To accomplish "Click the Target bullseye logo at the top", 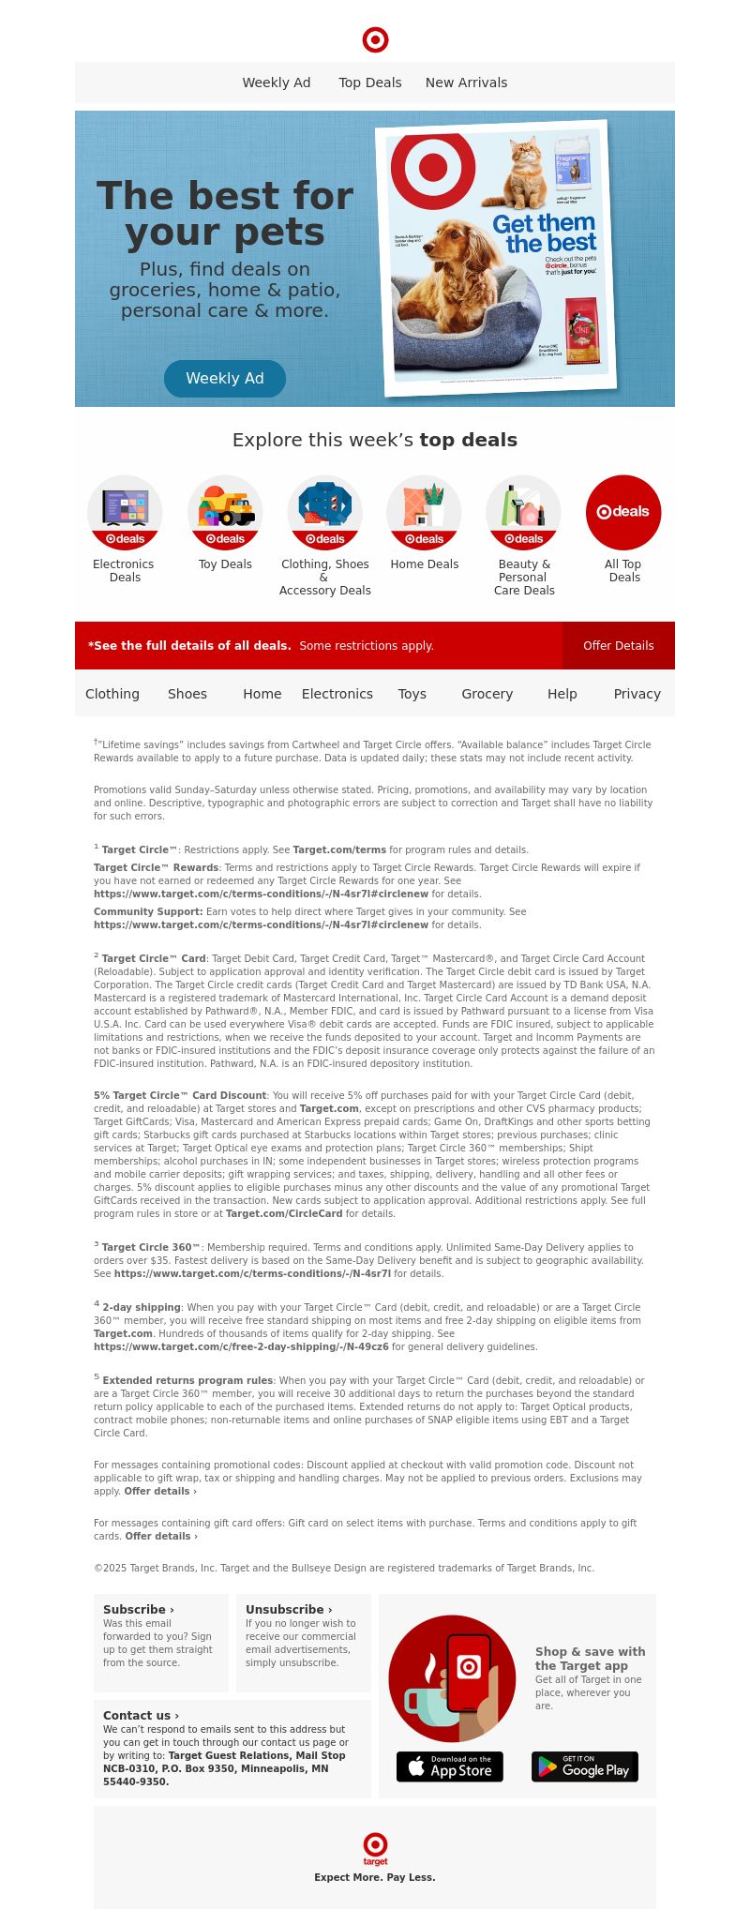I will click(375, 39).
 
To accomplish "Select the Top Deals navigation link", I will click(370, 83).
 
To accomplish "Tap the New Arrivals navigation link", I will click(466, 83).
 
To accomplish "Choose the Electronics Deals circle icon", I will click(125, 512).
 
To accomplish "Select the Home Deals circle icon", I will click(424, 512).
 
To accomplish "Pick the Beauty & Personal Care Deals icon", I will click(523, 512).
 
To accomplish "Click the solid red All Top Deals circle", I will click(623, 512).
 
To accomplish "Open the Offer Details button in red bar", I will click(619, 645).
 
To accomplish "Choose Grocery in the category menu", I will click(487, 694).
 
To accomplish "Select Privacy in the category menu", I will click(637, 694).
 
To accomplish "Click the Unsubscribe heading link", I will click(289, 1609).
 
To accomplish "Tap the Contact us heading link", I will click(141, 1715).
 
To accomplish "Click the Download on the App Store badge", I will click(450, 1766).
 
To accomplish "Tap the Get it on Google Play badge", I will click(585, 1766).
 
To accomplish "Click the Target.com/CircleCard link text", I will click(284, 1213).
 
